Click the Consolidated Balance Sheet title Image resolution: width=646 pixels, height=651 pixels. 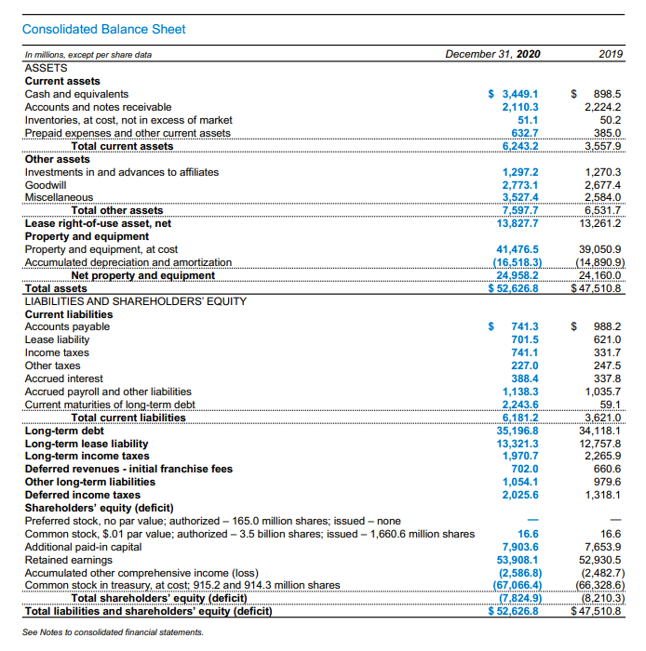click(x=103, y=30)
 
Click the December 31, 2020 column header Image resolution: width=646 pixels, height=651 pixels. click(x=491, y=55)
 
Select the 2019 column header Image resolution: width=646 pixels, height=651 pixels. click(x=611, y=55)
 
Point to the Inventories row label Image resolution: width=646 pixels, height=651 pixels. click(x=128, y=120)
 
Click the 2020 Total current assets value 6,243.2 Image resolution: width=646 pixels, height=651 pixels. click(x=520, y=146)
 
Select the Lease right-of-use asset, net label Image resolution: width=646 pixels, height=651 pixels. click(x=98, y=223)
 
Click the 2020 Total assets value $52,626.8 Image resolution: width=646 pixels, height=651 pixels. click(x=515, y=288)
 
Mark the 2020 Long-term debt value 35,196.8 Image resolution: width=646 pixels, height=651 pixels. click(x=518, y=431)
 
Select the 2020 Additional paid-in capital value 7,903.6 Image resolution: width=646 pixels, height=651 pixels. click(x=520, y=547)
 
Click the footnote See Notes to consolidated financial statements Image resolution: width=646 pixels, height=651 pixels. click(x=113, y=631)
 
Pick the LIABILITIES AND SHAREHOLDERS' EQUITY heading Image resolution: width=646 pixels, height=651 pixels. click(x=136, y=301)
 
